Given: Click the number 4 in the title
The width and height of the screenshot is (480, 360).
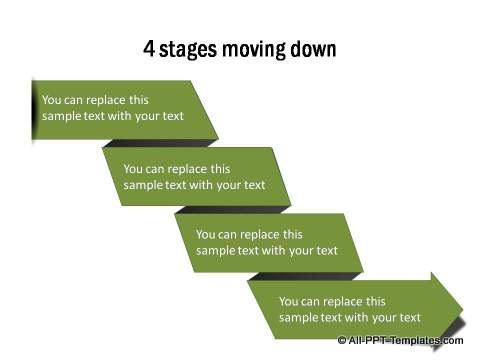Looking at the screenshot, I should (x=150, y=48).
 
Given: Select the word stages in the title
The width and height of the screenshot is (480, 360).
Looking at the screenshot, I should (x=191, y=49).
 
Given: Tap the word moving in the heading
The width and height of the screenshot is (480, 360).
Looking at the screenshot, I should (x=256, y=49).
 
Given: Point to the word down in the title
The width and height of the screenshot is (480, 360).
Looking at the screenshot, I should (x=313, y=48).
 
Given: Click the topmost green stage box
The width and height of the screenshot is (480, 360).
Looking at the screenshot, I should (x=120, y=108).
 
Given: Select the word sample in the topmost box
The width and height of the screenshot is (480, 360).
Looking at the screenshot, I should (x=62, y=116).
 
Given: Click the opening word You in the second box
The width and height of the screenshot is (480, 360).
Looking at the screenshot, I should (x=134, y=168).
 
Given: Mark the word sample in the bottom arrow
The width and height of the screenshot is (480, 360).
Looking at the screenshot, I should (x=299, y=317).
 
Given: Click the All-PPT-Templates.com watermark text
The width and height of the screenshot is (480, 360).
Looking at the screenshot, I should (x=404, y=341).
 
